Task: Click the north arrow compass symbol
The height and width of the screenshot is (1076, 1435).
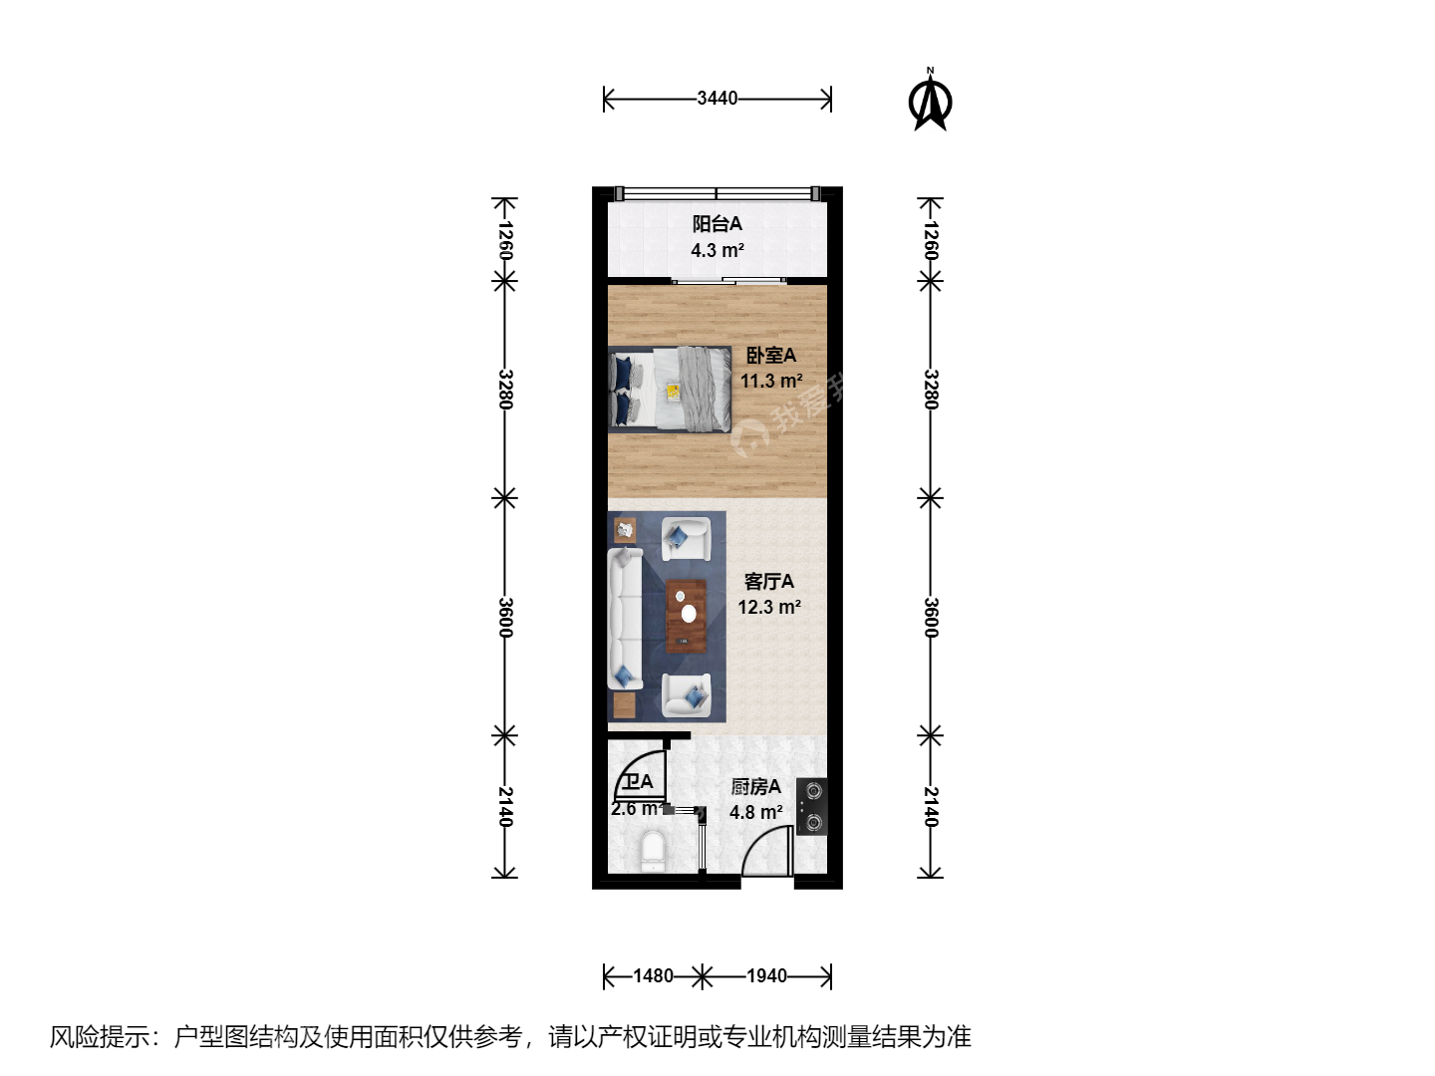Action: click(930, 102)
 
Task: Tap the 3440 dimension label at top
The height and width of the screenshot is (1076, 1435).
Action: click(717, 99)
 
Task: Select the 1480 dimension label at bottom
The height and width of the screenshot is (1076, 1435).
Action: click(653, 976)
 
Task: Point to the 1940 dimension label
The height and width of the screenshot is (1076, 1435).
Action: click(767, 976)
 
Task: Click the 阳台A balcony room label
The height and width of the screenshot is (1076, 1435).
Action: click(717, 224)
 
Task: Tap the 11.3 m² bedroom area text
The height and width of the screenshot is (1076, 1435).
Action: click(771, 381)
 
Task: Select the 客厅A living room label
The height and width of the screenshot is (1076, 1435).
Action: click(769, 582)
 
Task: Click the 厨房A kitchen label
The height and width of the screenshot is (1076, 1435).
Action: click(755, 787)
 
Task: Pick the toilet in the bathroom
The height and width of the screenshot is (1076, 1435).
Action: click(653, 851)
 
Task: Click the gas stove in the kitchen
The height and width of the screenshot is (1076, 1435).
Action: click(812, 807)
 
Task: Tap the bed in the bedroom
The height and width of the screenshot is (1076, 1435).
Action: click(670, 390)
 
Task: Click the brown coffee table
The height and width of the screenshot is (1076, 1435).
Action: click(686, 616)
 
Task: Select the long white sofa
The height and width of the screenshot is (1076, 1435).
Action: click(625, 619)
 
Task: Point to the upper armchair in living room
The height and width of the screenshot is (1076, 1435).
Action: click(686, 539)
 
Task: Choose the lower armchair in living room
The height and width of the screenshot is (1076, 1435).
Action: click(686, 695)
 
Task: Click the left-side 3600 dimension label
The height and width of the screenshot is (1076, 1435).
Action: click(505, 618)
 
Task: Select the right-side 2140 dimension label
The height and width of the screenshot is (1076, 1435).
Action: click(931, 807)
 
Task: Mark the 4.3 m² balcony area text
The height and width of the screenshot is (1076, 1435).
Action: click(717, 250)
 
